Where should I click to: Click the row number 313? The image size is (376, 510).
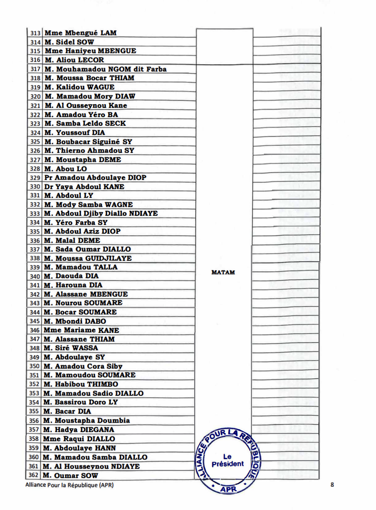tap(35, 33)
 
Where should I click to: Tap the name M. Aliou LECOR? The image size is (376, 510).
tap(74, 60)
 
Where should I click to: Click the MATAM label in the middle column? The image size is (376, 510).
tap(223, 272)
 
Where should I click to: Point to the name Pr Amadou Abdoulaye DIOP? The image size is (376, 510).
tap(95, 178)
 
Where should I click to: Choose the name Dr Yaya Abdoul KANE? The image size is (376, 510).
tap(84, 187)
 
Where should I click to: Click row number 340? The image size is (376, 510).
tap(35, 276)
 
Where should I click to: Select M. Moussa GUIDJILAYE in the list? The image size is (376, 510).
tap(87, 258)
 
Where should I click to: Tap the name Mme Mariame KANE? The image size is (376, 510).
tap(81, 330)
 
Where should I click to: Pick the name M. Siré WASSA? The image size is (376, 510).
tap(71, 348)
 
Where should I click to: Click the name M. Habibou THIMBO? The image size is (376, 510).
tap(81, 384)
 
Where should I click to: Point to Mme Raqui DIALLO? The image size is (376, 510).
tap(79, 439)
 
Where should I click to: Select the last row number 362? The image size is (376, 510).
tap(34, 476)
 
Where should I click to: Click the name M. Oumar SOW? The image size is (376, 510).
tap(70, 476)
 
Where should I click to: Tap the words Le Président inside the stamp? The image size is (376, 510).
tap(228, 460)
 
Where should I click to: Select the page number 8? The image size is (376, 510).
tap(332, 484)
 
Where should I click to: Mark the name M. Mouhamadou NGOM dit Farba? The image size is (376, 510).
tap(105, 69)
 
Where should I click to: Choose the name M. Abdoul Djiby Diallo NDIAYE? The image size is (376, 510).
tap(101, 213)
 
